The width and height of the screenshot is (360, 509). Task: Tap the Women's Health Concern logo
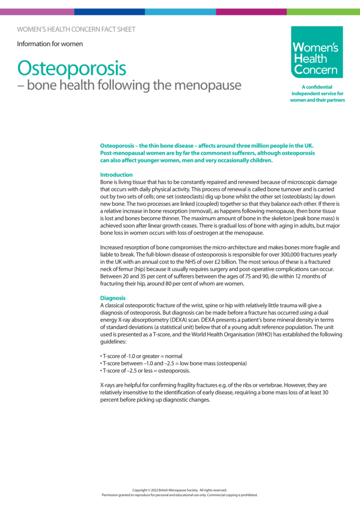coord(317,52)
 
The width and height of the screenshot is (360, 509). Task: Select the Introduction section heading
coord(116,175)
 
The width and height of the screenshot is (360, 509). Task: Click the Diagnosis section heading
coord(113,298)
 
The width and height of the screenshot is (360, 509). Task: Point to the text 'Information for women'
coord(50,44)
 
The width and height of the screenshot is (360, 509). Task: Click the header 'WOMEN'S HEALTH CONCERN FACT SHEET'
coord(76,29)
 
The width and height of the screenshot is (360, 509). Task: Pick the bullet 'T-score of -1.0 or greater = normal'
coord(141,356)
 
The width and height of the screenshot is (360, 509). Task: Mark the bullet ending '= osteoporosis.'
coord(145,370)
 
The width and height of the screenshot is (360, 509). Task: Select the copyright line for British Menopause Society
coord(180,490)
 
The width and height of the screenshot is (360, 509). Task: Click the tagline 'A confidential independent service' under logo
coord(317,93)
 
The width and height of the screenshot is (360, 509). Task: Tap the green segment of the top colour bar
coord(323,11)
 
